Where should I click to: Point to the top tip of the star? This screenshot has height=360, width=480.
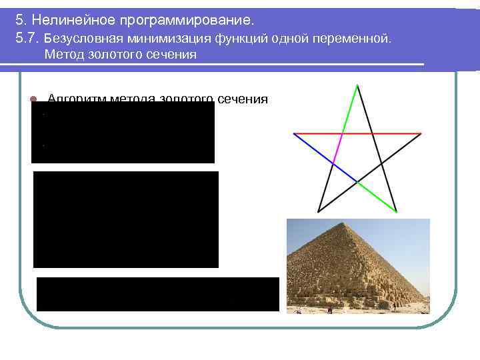(358, 85)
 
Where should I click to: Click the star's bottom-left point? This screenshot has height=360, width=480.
(319, 211)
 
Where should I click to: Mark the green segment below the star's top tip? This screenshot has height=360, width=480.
(350, 109)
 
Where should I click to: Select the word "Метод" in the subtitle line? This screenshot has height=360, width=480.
(63, 55)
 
